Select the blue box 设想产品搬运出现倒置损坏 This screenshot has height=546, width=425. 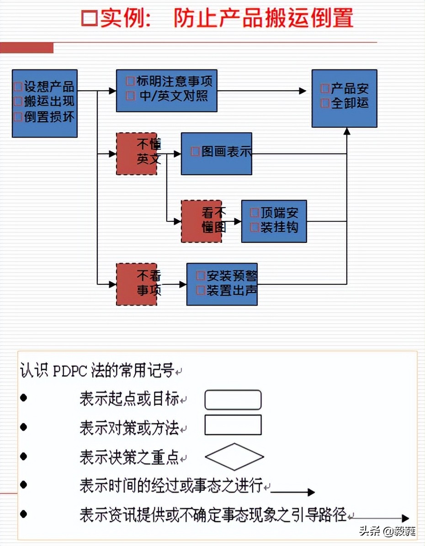pyautogui.click(x=45, y=103)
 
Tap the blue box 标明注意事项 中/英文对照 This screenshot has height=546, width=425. pyautogui.click(x=166, y=90)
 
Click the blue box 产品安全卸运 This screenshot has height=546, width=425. pyautogui.click(x=344, y=98)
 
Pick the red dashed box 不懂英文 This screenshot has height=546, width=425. pyautogui.click(x=137, y=154)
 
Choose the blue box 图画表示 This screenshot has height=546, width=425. pyautogui.click(x=216, y=153)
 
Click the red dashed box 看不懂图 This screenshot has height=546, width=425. pyautogui.click(x=202, y=221)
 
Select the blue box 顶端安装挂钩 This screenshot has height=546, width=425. pyautogui.click(x=274, y=221)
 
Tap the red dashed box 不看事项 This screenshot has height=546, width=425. pyautogui.click(x=137, y=284)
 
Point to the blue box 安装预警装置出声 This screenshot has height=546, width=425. pyautogui.click(x=222, y=284)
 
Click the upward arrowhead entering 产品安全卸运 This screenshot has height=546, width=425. pyautogui.click(x=347, y=131)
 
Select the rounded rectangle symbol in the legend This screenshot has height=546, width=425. pyautogui.click(x=233, y=400)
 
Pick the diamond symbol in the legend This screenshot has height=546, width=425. pyautogui.click(x=234, y=457)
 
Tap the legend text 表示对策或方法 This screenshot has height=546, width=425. pyautogui.click(x=129, y=428)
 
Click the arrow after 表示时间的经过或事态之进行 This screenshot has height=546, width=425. pyautogui.click(x=292, y=492)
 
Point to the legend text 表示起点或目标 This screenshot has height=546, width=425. pyautogui.click(x=129, y=399)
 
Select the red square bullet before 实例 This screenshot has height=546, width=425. pyautogui.click(x=90, y=18)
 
